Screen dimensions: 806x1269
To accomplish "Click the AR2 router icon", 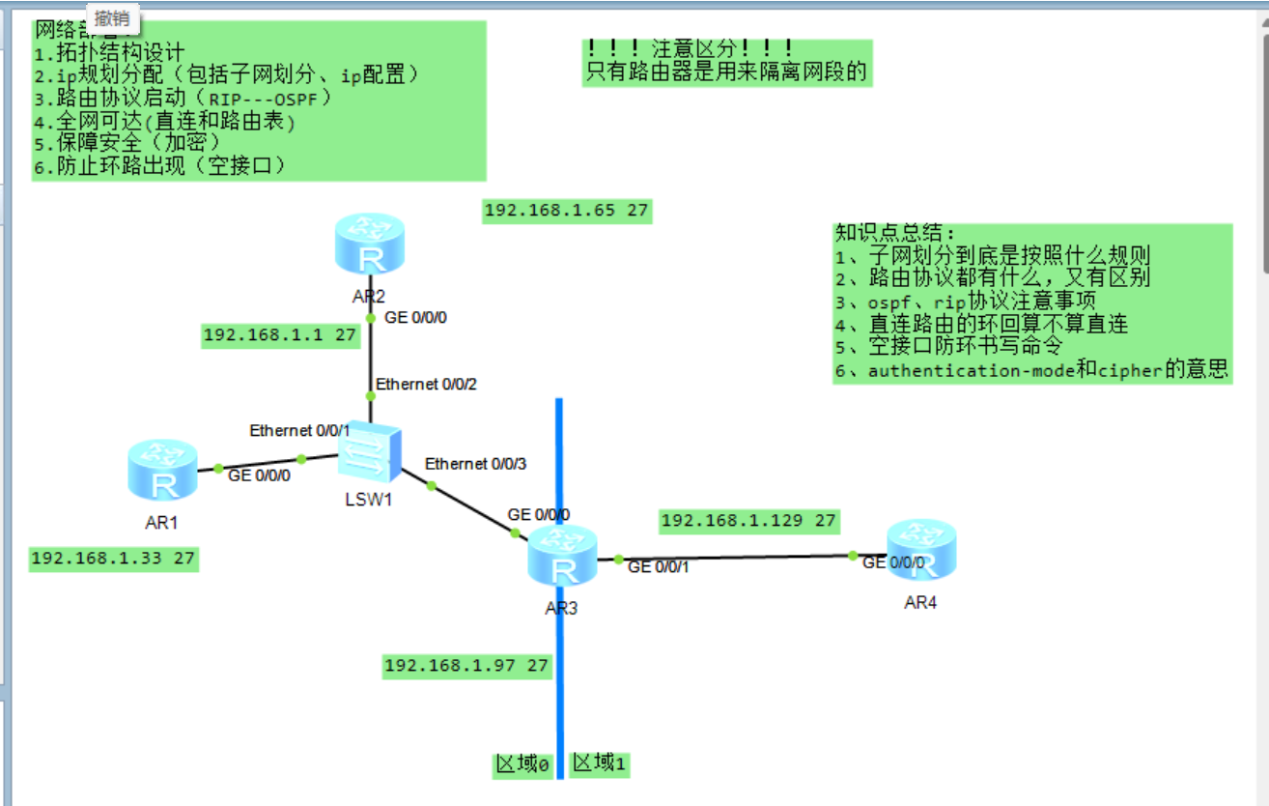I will [369, 245].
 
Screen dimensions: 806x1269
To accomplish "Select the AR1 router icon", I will [162, 471].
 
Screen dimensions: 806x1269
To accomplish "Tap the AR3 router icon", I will [562, 555].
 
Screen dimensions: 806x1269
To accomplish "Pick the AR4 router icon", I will [920, 548].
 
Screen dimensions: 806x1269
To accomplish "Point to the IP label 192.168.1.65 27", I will [566, 211].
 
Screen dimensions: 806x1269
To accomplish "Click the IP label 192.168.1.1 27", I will [280, 335].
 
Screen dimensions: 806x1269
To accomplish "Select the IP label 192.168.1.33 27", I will [113, 559].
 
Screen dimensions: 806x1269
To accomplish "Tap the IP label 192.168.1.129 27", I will [748, 521].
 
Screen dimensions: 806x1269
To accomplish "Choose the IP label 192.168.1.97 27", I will [466, 665].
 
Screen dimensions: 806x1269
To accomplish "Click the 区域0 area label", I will [522, 765].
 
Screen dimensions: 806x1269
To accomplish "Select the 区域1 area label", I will [600, 763].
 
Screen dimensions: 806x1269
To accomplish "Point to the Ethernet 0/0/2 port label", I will [426, 384].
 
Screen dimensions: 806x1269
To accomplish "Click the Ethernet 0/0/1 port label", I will [299, 430].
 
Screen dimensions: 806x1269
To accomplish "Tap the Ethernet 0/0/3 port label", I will [475, 464].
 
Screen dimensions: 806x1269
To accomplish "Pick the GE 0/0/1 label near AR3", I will [658, 566].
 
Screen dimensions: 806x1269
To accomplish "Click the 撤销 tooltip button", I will [113, 17].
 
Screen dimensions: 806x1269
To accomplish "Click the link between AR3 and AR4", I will [734, 557].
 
